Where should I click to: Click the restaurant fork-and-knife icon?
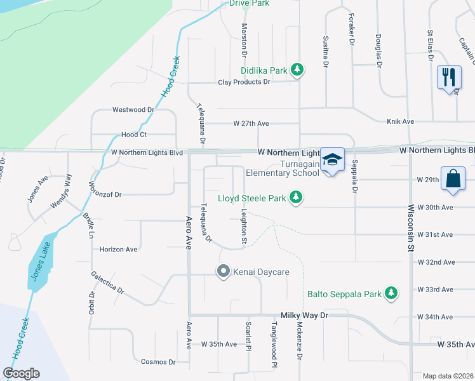449,77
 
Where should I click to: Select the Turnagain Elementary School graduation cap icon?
332,159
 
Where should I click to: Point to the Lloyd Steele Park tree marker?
295,198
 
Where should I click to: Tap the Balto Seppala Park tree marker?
392,293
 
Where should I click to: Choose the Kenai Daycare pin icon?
223,272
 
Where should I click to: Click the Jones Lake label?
37,265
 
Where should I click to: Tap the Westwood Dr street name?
133,110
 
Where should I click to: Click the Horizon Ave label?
118,250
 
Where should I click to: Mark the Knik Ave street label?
400,121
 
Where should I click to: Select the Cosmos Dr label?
158,362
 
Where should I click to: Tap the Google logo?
22,373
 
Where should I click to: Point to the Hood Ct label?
134,135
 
